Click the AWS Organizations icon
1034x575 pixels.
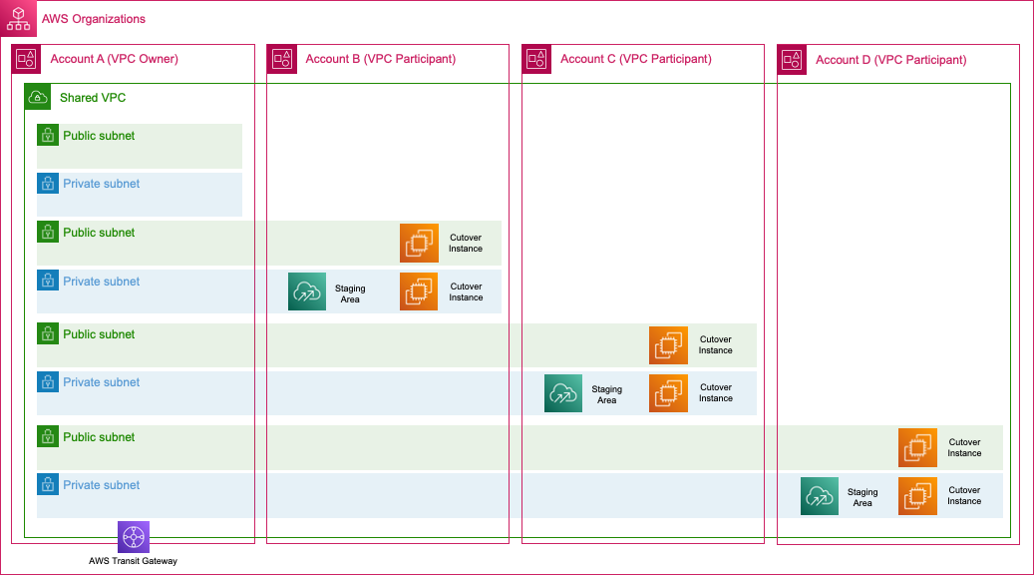pos(19,19)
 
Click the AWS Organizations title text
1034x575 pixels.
pos(94,19)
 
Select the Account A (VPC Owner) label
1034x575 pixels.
pos(114,59)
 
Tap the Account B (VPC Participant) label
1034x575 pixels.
pos(380,59)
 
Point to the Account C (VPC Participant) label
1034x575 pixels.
pos(635,59)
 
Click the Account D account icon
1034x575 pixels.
pos(792,60)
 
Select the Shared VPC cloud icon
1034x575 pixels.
pos(38,97)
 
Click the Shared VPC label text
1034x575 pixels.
pos(93,98)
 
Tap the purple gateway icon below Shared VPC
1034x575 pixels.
pos(133,536)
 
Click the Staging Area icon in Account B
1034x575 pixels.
pos(307,291)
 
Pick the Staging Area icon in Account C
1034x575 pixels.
pos(563,393)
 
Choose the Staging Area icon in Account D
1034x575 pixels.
pos(819,496)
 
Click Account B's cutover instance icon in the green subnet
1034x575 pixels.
pos(419,243)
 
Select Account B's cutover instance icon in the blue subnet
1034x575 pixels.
pos(419,291)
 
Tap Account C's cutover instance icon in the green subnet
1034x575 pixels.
pos(668,345)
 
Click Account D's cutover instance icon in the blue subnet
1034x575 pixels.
pos(917,496)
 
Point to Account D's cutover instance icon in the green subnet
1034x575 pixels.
pos(917,447)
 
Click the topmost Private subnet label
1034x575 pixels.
pos(101,184)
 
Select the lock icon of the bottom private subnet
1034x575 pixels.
pos(48,485)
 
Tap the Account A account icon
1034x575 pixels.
pos(27,60)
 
